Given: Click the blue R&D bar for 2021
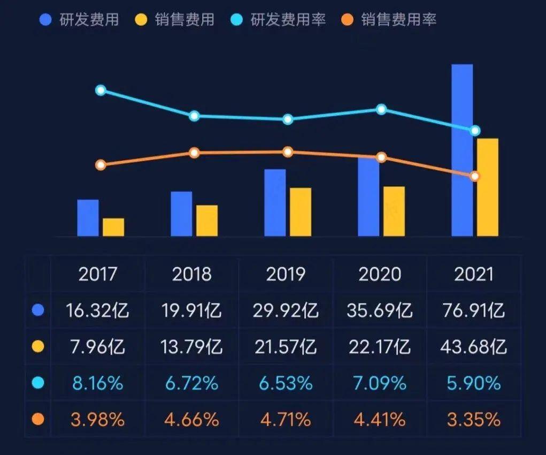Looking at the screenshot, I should coord(462,150).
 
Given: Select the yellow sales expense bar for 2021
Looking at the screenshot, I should coord(487,187).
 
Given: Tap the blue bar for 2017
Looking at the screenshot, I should coord(88,218).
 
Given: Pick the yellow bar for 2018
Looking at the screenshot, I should coord(207,221).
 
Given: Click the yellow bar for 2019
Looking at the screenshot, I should coord(301,212).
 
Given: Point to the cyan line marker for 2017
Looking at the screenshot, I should coord(101,90).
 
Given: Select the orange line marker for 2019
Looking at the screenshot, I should coord(288,152).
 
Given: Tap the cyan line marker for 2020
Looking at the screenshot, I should coord(381,109).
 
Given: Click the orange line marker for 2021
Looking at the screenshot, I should coord(475,176).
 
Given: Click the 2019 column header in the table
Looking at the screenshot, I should coord(286,274).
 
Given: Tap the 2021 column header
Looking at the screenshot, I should coord(473,274).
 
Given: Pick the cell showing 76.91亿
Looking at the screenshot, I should coord(473,310).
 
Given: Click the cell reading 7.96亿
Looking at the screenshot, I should coord(98,347).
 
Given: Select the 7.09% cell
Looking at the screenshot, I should coord(380,383).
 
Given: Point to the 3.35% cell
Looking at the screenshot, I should coord(473,420).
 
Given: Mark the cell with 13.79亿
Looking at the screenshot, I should coord(192,347).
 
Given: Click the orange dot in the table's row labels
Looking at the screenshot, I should coord(38,420).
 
